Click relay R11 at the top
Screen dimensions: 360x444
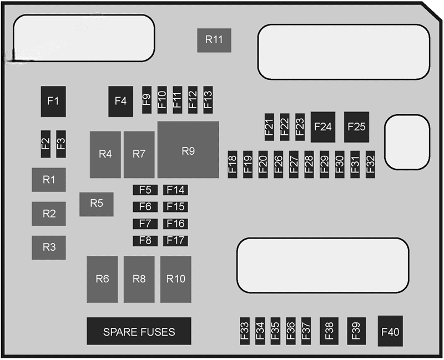click(214, 40)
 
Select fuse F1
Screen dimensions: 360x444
click(53, 101)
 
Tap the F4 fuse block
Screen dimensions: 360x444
click(120, 101)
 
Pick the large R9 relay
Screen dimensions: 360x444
click(188, 150)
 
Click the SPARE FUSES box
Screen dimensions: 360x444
click(139, 332)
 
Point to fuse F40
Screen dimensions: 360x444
click(390, 332)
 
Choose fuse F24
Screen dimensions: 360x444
click(323, 126)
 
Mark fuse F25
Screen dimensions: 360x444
click(356, 126)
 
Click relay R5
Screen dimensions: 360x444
click(97, 204)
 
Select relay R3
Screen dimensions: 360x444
click(49, 247)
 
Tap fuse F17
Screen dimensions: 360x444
click(175, 240)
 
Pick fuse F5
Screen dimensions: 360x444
click(145, 190)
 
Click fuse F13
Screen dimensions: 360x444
click(208, 100)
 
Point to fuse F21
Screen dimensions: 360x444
click(269, 127)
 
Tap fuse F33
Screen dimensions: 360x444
click(245, 332)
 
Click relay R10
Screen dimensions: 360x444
click(176, 279)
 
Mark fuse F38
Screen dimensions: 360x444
click(329, 332)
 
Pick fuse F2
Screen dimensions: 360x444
click(46, 144)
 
